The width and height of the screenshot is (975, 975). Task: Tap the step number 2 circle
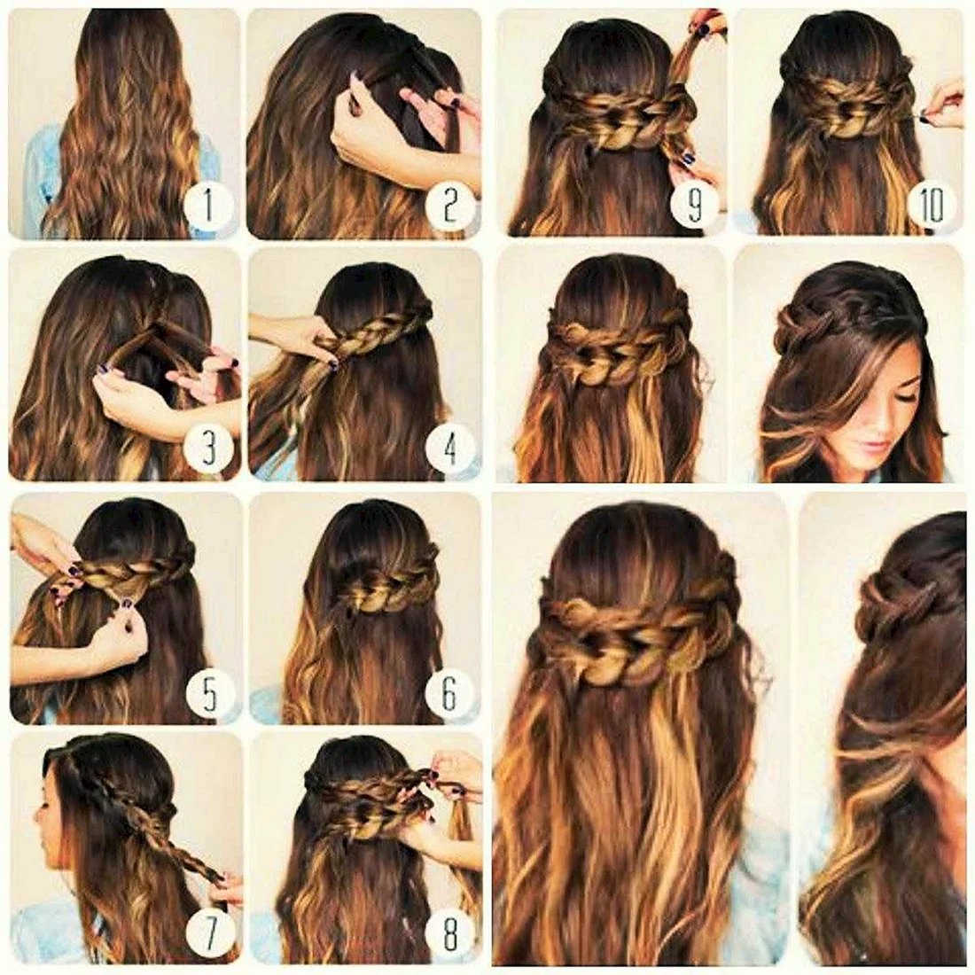(450, 206)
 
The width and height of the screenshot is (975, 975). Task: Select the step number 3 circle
(209, 446)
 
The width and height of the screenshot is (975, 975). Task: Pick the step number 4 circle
(451, 446)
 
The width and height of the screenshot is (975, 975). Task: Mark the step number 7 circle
(210, 932)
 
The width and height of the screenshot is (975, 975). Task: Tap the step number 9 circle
(695, 202)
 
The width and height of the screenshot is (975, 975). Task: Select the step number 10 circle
(932, 202)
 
